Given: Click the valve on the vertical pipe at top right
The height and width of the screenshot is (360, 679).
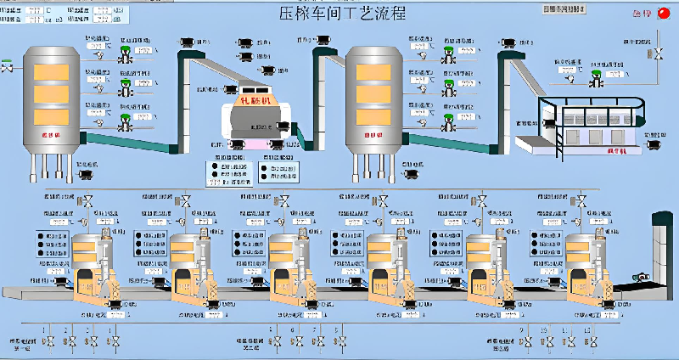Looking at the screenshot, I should [x=658, y=54].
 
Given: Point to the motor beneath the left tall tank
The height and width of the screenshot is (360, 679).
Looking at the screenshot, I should [x=86, y=176].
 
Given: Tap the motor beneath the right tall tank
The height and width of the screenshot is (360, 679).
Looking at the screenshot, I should [x=409, y=175].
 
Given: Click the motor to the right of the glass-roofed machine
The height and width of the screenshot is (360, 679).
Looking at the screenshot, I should [x=654, y=145].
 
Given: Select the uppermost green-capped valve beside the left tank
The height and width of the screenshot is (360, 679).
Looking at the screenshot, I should [x=126, y=52].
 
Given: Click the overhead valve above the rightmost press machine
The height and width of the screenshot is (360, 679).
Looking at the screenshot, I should [x=578, y=202].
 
